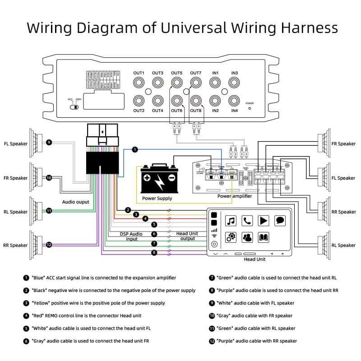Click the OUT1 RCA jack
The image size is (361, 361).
pyautogui.click(x=139, y=83)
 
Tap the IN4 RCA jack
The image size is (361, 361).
pyautogui.click(x=234, y=101)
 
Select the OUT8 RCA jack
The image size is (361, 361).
pyautogui.click(x=196, y=101)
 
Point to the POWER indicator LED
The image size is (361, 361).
pyautogui.click(x=250, y=109)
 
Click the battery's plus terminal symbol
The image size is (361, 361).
pyautogui.click(x=147, y=178)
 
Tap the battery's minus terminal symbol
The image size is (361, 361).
pyautogui.click(x=171, y=178)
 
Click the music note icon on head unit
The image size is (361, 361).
pyautogui.click(x=231, y=221)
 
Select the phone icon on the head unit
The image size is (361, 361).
pyautogui.click(x=247, y=221)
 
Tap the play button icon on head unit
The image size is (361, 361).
pyautogui.click(x=264, y=221)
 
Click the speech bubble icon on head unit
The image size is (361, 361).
pyautogui.click(x=280, y=221)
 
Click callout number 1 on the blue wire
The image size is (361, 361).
pyautogui.click(x=134, y=150)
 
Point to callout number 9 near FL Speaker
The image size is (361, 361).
pyautogui.click(x=49, y=143)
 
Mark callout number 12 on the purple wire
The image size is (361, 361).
pyautogui.click(x=49, y=245)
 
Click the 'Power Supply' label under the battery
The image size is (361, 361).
pyautogui.click(x=157, y=198)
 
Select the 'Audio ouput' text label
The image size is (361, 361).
pyautogui.click(x=76, y=202)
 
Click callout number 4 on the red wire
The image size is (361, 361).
pyautogui.click(x=145, y=219)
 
